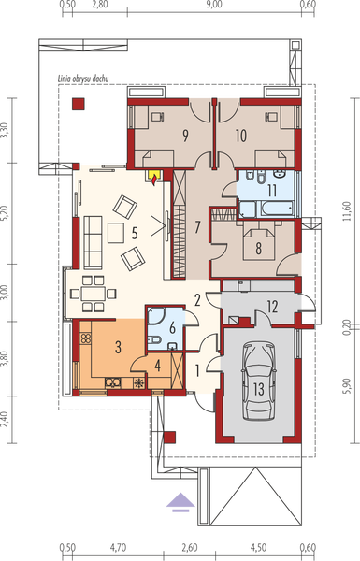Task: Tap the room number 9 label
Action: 185,135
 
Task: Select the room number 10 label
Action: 240,135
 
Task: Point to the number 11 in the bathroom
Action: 271,190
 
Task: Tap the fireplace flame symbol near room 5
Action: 155,172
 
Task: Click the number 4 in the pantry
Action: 157,366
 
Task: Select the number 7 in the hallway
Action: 197,226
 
